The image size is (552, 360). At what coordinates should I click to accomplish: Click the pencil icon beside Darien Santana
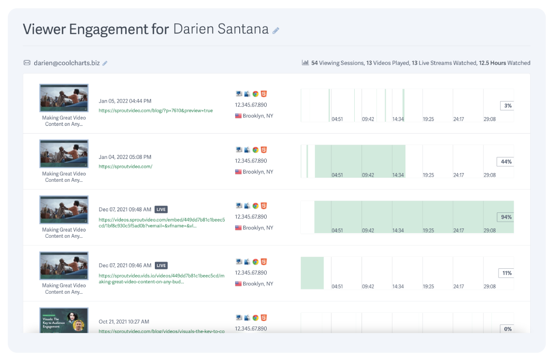pyautogui.click(x=276, y=31)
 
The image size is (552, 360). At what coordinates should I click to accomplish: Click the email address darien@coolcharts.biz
pyautogui.click(x=66, y=63)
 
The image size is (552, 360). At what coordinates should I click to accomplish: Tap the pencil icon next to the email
pyautogui.click(x=105, y=63)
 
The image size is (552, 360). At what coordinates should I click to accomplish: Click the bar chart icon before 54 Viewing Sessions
pyautogui.click(x=306, y=63)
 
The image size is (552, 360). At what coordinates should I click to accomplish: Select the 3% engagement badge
pyautogui.click(x=507, y=106)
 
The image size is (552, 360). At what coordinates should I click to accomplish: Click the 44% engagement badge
pyautogui.click(x=506, y=162)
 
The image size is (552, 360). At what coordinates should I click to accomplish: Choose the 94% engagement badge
pyautogui.click(x=506, y=218)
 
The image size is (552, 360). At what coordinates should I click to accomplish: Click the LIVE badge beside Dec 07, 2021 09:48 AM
pyautogui.click(x=162, y=210)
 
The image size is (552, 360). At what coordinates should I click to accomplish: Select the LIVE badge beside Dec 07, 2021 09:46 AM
pyautogui.click(x=162, y=266)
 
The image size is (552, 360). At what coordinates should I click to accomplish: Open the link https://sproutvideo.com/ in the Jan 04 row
pyautogui.click(x=125, y=167)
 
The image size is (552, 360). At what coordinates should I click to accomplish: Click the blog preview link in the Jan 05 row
pyautogui.click(x=155, y=111)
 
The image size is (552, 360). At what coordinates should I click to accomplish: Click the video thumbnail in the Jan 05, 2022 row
pyautogui.click(x=64, y=98)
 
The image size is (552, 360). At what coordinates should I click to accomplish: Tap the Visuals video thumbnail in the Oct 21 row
pyautogui.click(x=64, y=321)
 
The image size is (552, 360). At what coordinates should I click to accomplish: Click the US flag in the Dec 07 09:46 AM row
pyautogui.click(x=238, y=284)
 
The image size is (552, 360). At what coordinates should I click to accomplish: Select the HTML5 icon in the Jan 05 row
pyautogui.click(x=264, y=94)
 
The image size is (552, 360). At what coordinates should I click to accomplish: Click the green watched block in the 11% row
pyautogui.click(x=312, y=273)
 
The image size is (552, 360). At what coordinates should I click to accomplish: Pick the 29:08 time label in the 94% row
pyautogui.click(x=489, y=231)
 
